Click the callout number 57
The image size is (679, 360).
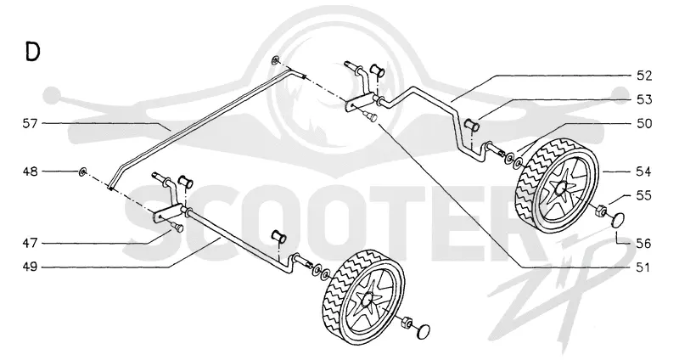point(31,124)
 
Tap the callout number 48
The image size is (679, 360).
point(31,172)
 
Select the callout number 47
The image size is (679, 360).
point(31,243)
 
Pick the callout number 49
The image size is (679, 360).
point(31,267)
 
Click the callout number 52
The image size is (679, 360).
point(644,76)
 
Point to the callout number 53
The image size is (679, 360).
point(644,99)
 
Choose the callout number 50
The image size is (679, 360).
point(644,123)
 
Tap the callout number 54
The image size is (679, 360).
point(644,172)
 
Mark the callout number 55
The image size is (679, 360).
point(644,195)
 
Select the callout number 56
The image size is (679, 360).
point(644,244)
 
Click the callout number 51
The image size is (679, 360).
point(644,267)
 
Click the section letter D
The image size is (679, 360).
point(33,52)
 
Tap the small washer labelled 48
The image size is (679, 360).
point(82,172)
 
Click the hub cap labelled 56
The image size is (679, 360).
point(617,219)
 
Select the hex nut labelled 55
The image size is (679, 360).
point(600,211)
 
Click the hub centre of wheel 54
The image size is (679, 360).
point(563,188)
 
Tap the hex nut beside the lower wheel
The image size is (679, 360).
point(407,323)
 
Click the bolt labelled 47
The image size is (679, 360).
point(177,227)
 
